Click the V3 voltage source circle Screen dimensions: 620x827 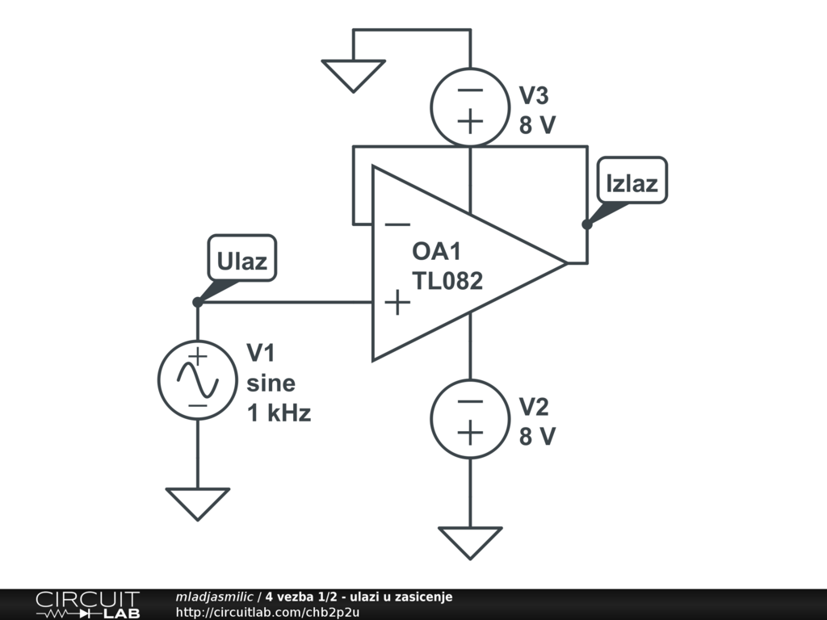point(470,107)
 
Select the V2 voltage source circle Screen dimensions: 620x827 point(470,418)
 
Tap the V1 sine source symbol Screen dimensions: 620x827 point(198,379)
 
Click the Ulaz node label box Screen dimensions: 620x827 point(241,260)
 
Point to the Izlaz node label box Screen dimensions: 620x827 point(632,182)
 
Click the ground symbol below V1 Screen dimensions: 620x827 point(198,502)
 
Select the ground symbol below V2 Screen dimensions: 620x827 point(470,542)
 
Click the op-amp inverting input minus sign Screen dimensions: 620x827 point(397,224)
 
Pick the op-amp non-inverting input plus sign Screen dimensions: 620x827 point(397,303)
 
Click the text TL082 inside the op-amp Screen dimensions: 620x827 point(447,281)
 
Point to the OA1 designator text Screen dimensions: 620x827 point(436,251)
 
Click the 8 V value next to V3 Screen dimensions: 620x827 point(538,126)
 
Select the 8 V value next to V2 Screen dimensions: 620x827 point(538,437)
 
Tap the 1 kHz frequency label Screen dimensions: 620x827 point(279,413)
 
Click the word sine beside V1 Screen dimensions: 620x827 point(271,383)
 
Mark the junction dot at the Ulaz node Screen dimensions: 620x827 point(198,302)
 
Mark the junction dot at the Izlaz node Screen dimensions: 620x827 point(587,224)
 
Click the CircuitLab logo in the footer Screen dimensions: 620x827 point(86,605)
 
